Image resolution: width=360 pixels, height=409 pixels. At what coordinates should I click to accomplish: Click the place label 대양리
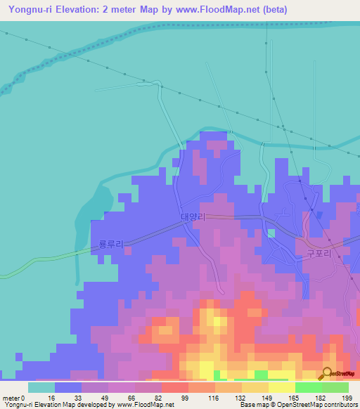193,219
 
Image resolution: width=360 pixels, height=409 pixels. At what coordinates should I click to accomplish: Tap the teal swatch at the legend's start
41,387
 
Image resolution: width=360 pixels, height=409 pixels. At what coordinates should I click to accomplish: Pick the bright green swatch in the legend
308,387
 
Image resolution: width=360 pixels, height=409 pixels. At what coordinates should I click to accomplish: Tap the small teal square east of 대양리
271,233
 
